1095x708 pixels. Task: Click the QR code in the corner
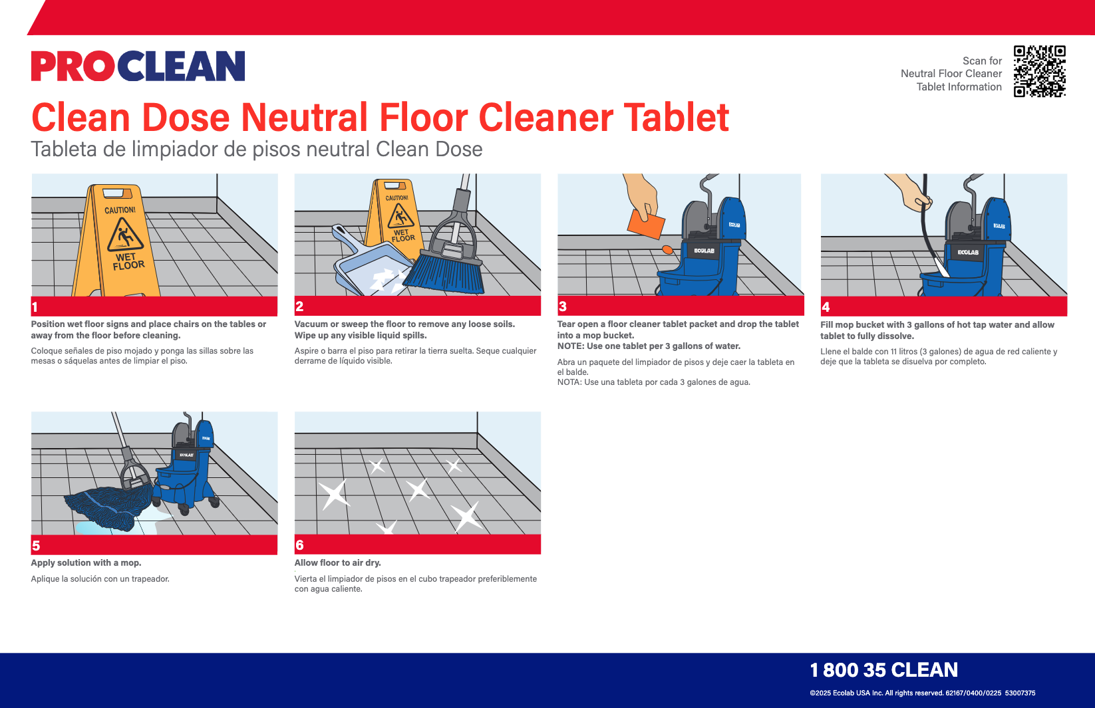1039,71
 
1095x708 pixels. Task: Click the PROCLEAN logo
138,66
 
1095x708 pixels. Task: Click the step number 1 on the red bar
35,307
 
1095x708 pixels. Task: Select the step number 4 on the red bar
826,307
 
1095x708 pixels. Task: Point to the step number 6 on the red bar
299,545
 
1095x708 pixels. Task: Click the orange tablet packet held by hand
646,224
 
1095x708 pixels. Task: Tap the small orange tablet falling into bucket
667,250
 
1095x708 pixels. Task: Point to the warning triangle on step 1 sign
125,235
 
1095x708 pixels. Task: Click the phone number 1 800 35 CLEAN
884,670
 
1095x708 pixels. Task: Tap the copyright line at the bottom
923,693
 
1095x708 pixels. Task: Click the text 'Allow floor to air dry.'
337,563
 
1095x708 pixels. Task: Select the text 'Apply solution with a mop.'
86,563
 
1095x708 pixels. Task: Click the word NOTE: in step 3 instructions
571,346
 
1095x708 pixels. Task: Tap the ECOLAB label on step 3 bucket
704,251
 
